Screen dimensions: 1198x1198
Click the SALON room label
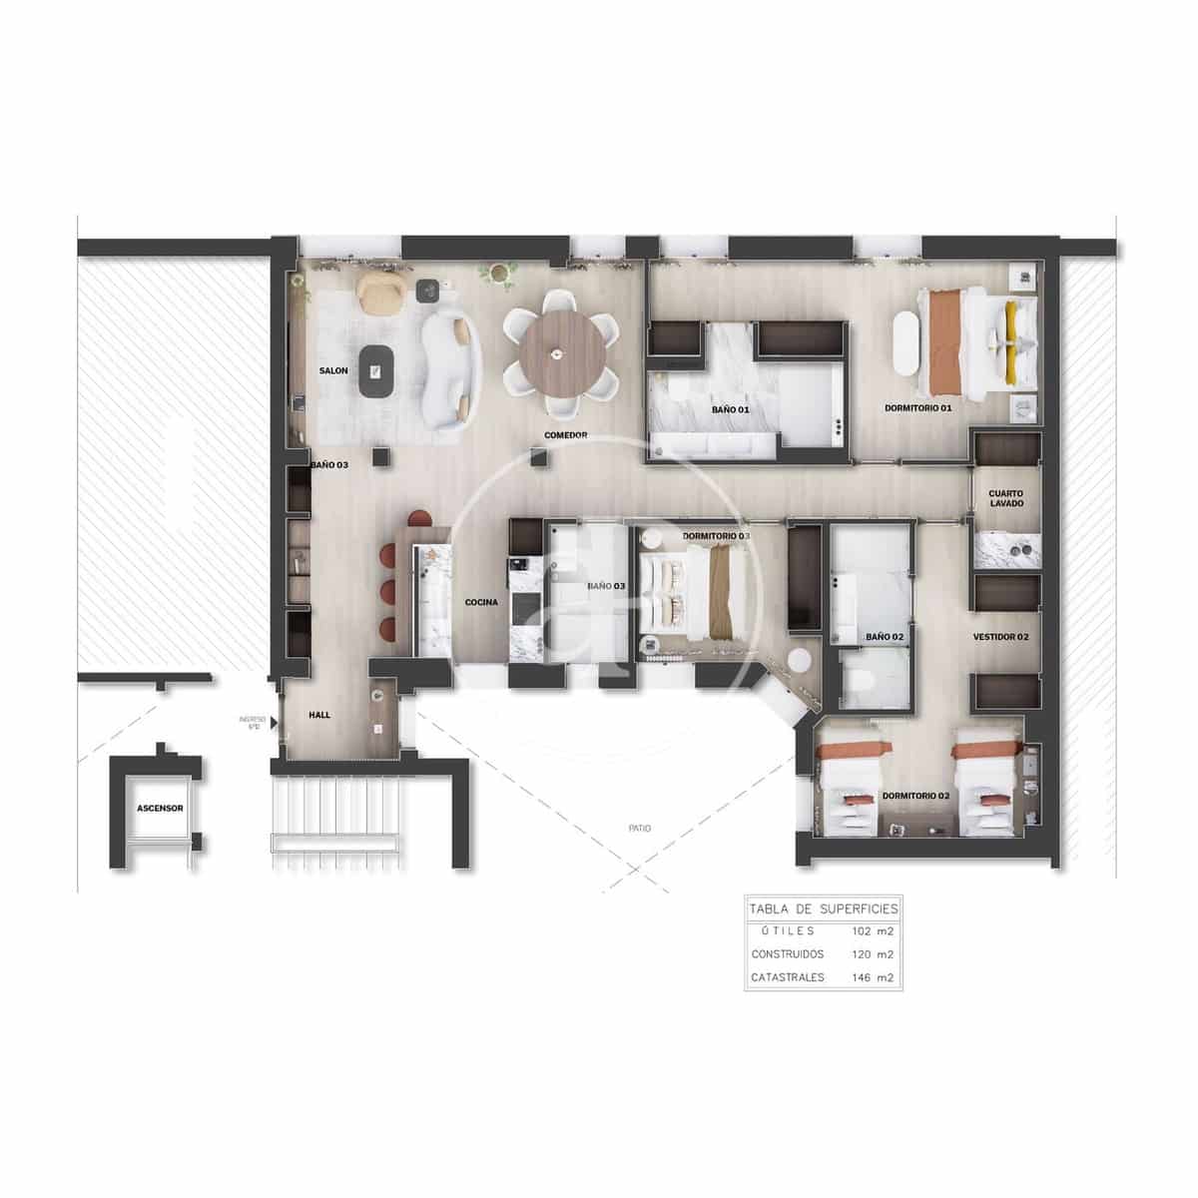pos(333,371)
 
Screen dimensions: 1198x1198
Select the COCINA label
pos(481,602)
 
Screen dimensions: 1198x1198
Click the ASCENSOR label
pos(160,808)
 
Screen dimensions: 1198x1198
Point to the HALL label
pos(319,715)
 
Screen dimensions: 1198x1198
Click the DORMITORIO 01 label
pos(918,408)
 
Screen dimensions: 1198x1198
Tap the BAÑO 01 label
pos(731,409)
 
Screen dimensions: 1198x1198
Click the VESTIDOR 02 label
pos(1001,636)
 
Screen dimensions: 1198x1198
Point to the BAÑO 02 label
pos(885,636)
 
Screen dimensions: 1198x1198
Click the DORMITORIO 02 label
pos(914,797)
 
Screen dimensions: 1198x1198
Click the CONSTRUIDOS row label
pos(789,954)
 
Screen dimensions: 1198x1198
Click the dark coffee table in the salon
pos(376,371)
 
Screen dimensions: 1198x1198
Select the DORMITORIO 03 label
pos(717,536)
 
